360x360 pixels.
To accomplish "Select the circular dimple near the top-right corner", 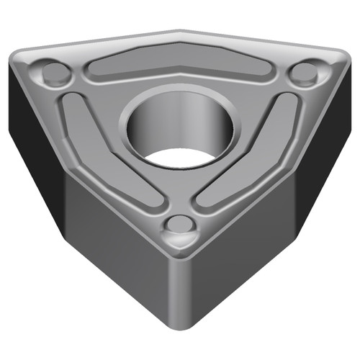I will [305, 72].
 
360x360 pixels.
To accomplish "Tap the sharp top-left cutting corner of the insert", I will [14, 58].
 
